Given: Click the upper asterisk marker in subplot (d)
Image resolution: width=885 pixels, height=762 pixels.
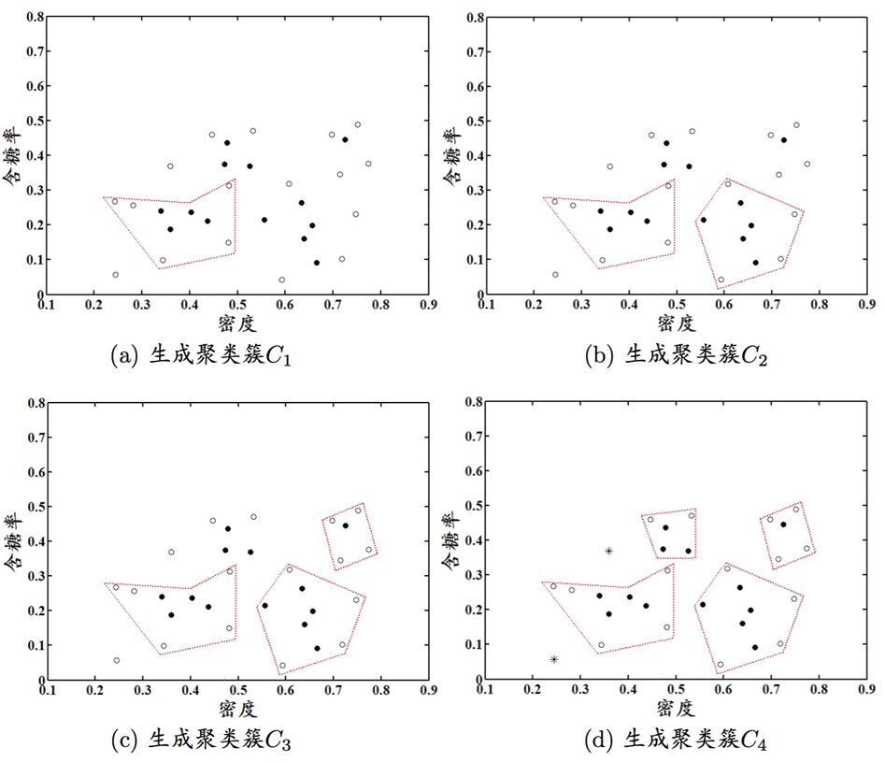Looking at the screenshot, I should pos(608,552).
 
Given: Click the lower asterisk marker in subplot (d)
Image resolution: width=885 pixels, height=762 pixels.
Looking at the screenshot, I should pos(554,660).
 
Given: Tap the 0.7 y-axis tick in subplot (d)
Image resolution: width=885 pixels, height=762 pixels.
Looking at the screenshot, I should pos(472,438).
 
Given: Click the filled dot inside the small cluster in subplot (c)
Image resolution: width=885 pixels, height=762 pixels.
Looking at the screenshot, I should pos(345,525).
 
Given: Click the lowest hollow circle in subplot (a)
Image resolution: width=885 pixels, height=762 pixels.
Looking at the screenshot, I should pos(281,280).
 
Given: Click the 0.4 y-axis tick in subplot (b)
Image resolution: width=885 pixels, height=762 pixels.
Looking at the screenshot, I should pos(472,155).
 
